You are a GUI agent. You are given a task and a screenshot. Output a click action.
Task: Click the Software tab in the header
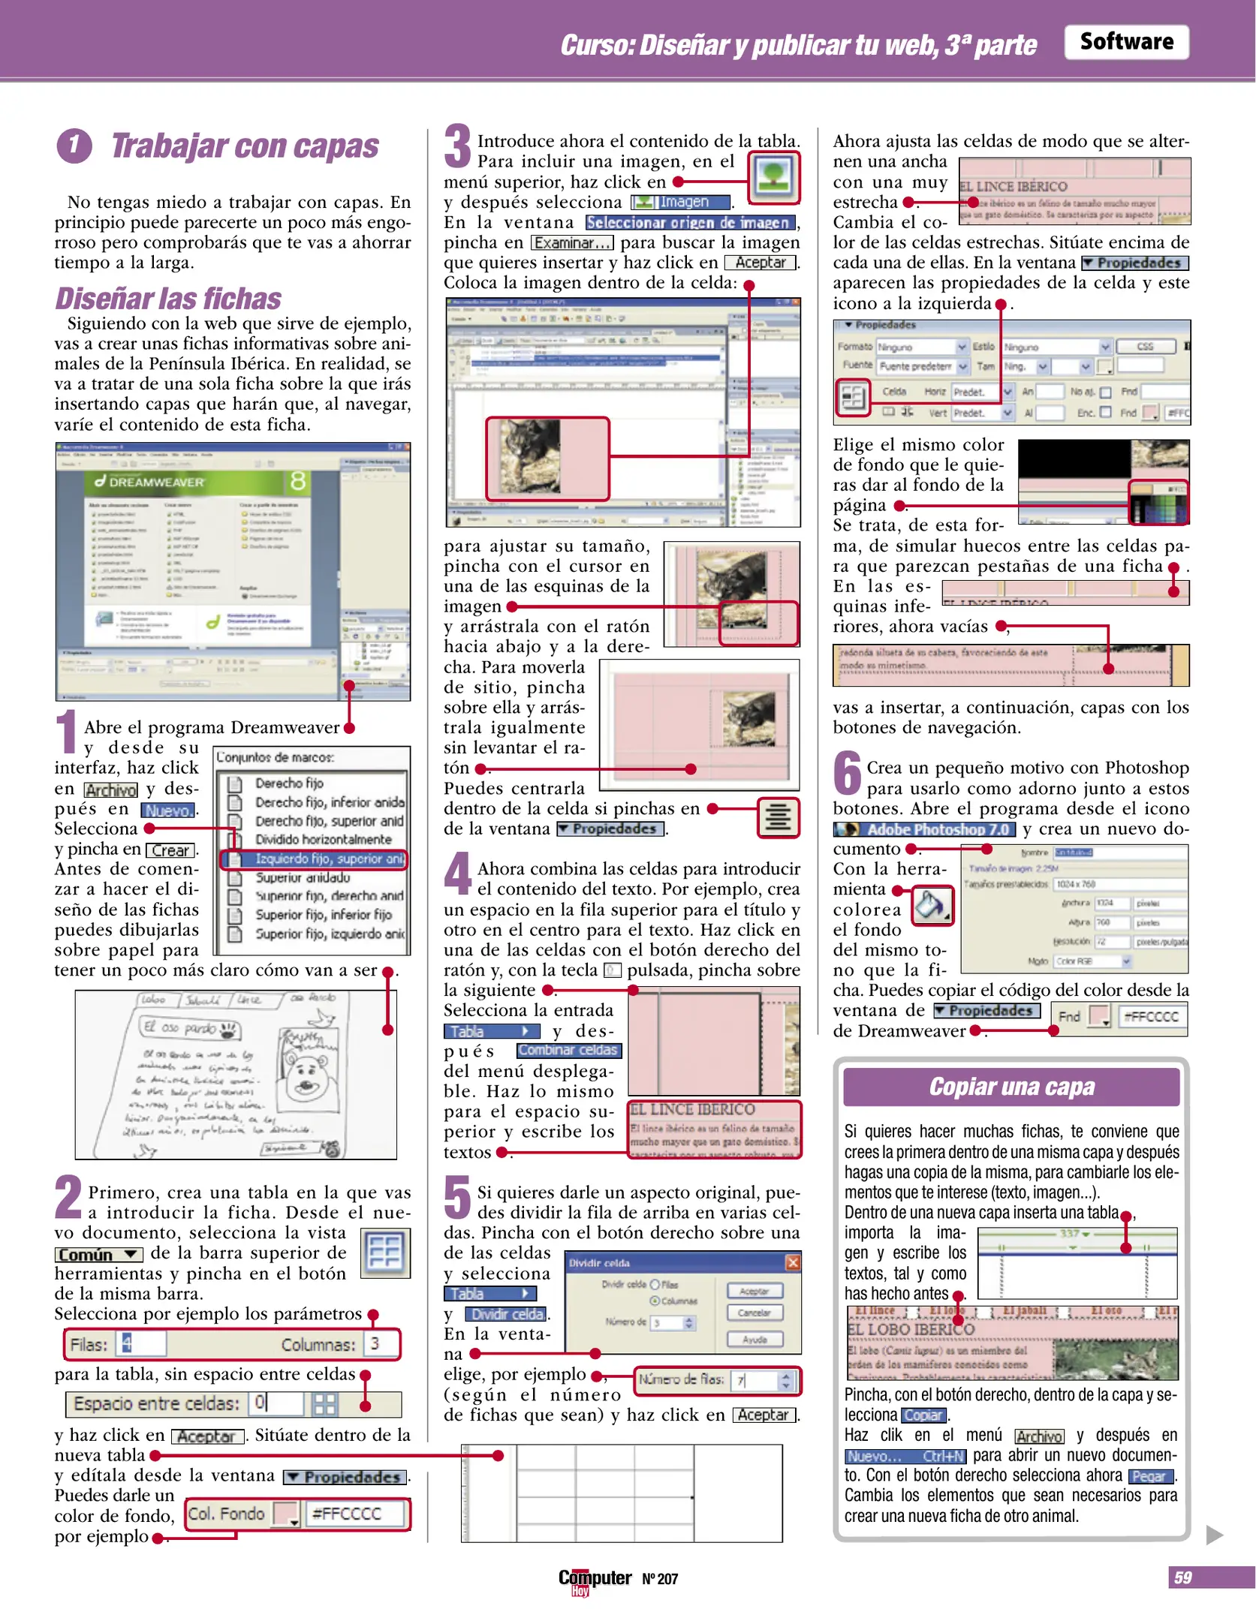pyautogui.click(x=1125, y=42)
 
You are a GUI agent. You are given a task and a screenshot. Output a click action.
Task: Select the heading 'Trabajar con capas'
pyautogui.click(x=245, y=146)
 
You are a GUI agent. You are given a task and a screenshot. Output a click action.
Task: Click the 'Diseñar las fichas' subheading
pyautogui.click(x=168, y=299)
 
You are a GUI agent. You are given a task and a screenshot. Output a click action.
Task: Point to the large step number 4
pyautogui.click(x=457, y=874)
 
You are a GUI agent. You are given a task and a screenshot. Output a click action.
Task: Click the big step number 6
pyautogui.click(x=847, y=773)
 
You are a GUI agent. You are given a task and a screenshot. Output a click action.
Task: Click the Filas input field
pyautogui.click(x=141, y=1343)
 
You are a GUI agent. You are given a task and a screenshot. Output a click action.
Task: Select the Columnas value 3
pyautogui.click(x=375, y=1343)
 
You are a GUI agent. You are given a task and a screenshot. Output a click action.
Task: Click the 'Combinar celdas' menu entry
pyautogui.click(x=568, y=1050)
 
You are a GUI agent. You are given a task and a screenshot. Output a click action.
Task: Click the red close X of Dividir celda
pyautogui.click(x=792, y=1262)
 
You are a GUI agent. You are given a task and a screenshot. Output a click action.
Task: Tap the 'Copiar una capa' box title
pyautogui.click(x=1011, y=1087)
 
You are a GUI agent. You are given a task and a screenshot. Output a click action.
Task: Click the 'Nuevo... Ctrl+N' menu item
pyautogui.click(x=904, y=1456)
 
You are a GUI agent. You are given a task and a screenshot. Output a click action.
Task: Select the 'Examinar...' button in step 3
pyautogui.click(x=572, y=243)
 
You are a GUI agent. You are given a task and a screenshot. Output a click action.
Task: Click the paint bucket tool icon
pyautogui.click(x=931, y=906)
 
